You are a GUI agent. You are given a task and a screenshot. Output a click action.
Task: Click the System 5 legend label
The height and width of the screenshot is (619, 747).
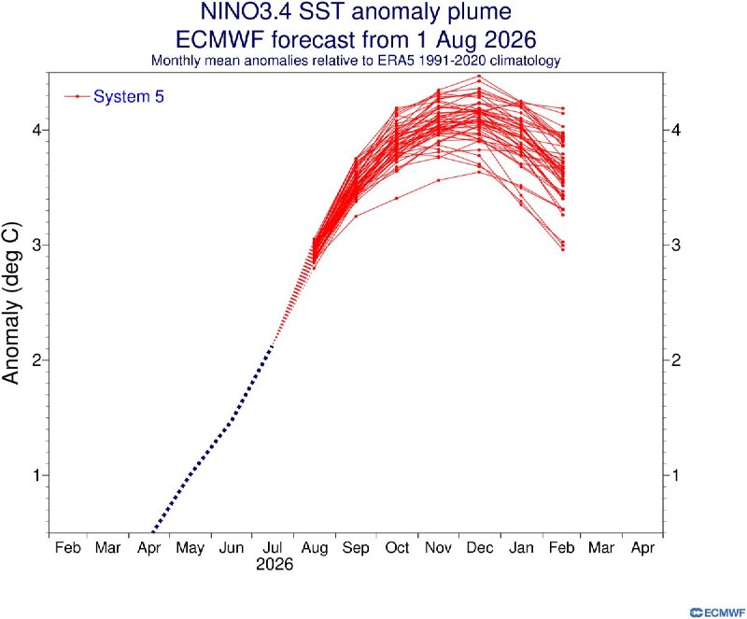[x=129, y=97]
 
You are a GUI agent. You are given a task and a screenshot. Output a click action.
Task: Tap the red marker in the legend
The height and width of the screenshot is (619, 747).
[x=78, y=97]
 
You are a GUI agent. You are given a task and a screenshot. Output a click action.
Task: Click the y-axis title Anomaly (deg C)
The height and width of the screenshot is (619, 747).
[x=11, y=303]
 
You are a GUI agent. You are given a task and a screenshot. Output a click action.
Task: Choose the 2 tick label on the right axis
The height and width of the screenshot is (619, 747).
[x=675, y=360]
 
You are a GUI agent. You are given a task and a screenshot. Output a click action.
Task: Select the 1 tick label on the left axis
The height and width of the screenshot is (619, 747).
[x=37, y=475]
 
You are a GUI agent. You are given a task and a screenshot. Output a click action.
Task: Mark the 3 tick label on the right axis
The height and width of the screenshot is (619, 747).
[x=675, y=245]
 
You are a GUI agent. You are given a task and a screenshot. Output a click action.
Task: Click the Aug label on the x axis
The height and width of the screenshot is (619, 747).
[x=315, y=548]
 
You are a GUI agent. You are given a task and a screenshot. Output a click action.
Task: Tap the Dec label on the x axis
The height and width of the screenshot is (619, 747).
[x=480, y=547]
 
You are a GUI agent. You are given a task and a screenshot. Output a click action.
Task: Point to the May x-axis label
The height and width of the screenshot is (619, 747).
[x=190, y=549]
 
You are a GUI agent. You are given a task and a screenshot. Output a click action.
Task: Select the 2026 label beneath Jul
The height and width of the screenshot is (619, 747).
[x=275, y=565]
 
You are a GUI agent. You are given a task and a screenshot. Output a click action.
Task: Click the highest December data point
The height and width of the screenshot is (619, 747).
[x=479, y=77]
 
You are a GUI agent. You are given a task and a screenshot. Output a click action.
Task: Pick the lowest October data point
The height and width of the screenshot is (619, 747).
[x=396, y=198]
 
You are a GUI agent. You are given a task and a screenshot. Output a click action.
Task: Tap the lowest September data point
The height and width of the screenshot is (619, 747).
[x=356, y=217]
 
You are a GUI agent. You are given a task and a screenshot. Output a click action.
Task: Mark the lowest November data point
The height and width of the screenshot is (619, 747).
[x=438, y=180]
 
